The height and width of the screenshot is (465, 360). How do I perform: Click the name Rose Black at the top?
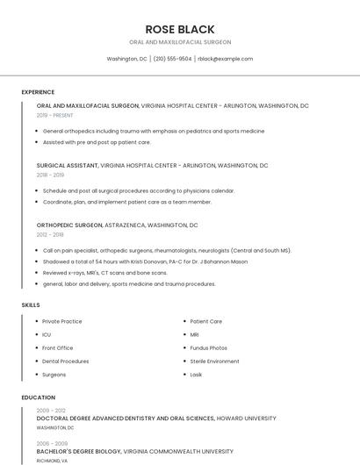tap(180, 29)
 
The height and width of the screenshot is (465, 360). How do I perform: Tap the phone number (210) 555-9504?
tap(172, 59)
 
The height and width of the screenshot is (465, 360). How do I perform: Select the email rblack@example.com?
tap(225, 59)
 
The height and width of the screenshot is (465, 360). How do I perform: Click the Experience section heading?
tap(38, 91)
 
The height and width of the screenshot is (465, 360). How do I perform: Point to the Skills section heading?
tap(31, 304)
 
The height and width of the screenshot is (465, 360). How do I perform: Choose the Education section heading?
tap(38, 397)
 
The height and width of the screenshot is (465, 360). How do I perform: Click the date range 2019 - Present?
tap(54, 115)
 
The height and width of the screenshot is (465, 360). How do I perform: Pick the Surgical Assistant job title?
tap(67, 165)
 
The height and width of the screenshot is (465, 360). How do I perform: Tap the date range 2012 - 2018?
tap(50, 234)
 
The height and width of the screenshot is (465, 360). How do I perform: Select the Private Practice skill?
tap(62, 321)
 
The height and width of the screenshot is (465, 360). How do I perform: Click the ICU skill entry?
tap(47, 334)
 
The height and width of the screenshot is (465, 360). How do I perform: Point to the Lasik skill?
tap(196, 375)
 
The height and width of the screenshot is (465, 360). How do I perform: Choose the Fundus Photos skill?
tap(208, 347)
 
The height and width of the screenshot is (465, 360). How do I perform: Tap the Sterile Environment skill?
tap(214, 361)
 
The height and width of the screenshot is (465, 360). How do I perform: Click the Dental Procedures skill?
tap(66, 361)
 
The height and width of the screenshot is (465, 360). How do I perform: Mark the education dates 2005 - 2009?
tap(52, 443)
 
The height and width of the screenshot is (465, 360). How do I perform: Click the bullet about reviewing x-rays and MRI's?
tap(104, 272)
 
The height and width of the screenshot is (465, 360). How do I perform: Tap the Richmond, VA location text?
tap(52, 460)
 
